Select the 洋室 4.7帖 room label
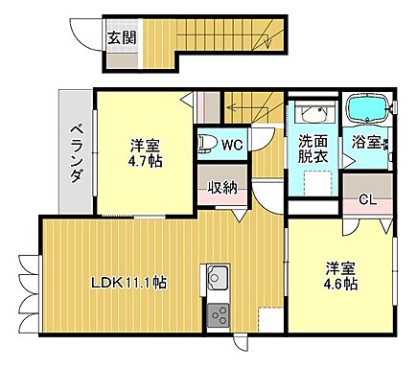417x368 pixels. (x=146, y=152)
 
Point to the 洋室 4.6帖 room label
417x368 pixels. (x=340, y=276)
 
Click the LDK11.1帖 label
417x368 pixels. (x=128, y=283)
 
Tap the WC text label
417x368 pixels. (x=232, y=145)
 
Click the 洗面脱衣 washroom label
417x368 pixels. (x=313, y=147)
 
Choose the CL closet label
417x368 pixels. (x=365, y=199)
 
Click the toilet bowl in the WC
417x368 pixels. (x=205, y=145)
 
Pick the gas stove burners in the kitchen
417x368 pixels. (x=217, y=315)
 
